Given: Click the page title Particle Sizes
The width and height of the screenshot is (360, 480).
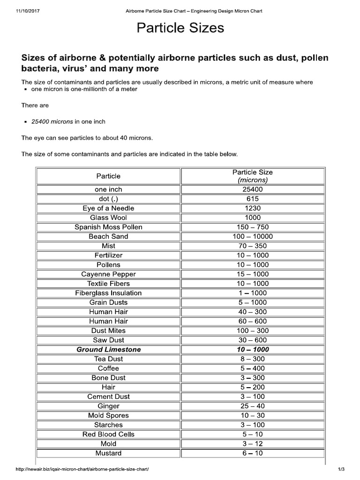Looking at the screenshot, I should pyautogui.click(x=180, y=29).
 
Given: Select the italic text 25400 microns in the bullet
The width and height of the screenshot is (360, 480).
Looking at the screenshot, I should pyautogui.click(x=52, y=121).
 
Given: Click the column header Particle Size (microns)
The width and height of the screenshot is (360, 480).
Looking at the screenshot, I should pyautogui.click(x=252, y=176).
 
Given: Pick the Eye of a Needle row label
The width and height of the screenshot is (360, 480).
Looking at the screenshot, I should pyautogui.click(x=108, y=208).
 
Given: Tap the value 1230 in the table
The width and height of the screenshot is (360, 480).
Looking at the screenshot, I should pyautogui.click(x=253, y=208).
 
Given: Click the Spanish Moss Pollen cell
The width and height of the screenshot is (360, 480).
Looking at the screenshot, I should pyautogui.click(x=108, y=227).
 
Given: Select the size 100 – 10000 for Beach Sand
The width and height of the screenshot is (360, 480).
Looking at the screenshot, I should pyautogui.click(x=253, y=236).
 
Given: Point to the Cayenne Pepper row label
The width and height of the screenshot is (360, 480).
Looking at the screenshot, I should pyautogui.click(x=108, y=274).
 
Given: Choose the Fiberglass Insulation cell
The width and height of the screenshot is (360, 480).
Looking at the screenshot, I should pyautogui.click(x=108, y=293).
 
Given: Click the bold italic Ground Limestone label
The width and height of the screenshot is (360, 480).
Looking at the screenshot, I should pyautogui.click(x=108, y=350).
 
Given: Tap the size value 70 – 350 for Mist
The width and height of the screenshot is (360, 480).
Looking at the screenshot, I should pyautogui.click(x=253, y=246).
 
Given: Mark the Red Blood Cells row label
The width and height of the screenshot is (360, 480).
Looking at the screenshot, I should pyautogui.click(x=108, y=434).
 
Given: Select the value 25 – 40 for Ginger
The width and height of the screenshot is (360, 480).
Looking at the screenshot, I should pyautogui.click(x=253, y=406).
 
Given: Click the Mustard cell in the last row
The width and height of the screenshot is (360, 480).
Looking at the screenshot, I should pyautogui.click(x=108, y=453).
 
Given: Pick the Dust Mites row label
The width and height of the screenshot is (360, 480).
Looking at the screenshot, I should pyautogui.click(x=108, y=330).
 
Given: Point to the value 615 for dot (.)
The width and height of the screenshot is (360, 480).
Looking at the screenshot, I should pyautogui.click(x=253, y=199).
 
